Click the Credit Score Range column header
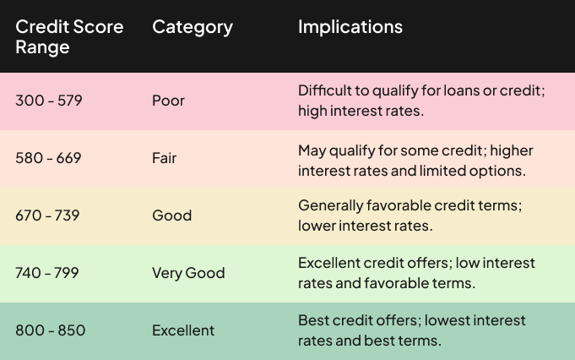click(x=69, y=36)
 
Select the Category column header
click(x=193, y=27)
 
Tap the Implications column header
click(x=350, y=27)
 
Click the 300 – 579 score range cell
click(x=49, y=101)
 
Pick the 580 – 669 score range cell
click(x=48, y=158)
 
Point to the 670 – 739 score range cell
click(x=47, y=215)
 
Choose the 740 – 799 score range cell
click(x=47, y=273)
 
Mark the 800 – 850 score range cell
click(x=51, y=330)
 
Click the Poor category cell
click(x=168, y=101)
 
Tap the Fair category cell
click(x=165, y=158)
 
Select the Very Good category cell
click(x=188, y=274)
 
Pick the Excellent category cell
click(x=183, y=330)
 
